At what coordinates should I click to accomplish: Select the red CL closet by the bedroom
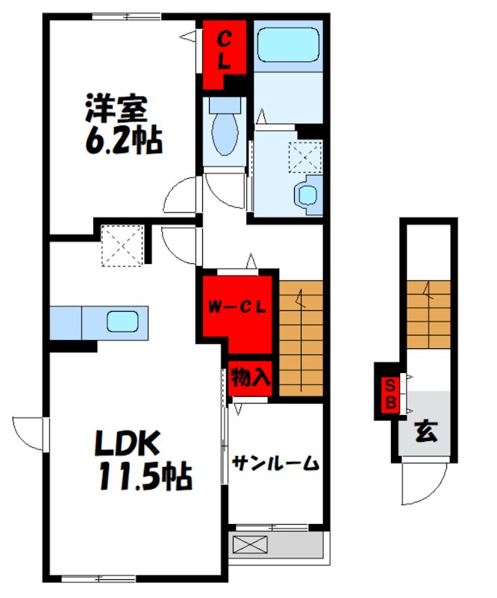(x=224, y=55)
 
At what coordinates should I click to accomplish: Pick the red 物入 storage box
(x=250, y=378)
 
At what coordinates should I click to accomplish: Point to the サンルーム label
(x=275, y=463)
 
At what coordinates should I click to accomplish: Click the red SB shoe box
(x=391, y=395)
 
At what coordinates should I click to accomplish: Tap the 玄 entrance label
(x=427, y=431)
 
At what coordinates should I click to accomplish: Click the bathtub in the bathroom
(x=288, y=45)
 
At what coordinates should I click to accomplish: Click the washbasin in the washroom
(x=307, y=195)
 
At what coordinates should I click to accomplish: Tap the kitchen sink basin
(x=122, y=321)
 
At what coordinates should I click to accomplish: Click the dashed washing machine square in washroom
(x=305, y=157)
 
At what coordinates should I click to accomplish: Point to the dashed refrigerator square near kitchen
(x=122, y=246)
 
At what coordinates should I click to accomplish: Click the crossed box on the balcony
(x=250, y=544)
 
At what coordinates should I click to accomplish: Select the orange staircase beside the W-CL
(x=301, y=339)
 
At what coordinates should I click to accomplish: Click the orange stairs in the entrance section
(x=428, y=315)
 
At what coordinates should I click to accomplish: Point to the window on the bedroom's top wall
(x=126, y=16)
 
